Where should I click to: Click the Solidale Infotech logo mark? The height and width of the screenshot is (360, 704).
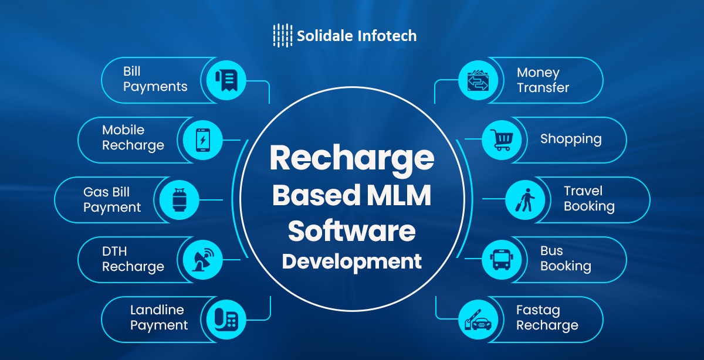pos(282,35)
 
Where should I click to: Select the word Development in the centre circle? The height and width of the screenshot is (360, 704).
pos(352,261)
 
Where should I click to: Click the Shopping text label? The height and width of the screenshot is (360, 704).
pos(571,140)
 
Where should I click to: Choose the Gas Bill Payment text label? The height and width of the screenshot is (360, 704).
pos(112,199)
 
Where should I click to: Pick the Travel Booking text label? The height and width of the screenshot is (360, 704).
pos(589,199)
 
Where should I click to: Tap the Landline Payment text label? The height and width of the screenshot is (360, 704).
pos(158,317)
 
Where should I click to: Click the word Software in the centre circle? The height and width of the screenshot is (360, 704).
pos(352,231)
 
